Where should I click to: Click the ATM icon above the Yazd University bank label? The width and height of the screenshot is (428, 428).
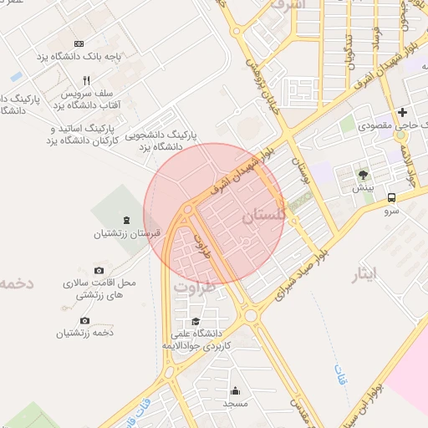tap(79, 43)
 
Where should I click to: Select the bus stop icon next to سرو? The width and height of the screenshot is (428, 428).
tap(392, 198)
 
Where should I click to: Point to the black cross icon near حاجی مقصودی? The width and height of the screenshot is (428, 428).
tap(403, 112)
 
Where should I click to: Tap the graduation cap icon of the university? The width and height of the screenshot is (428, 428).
tap(196, 321)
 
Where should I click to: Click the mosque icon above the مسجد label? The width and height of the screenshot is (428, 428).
tap(235, 390)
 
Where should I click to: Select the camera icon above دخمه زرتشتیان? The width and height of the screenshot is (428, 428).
tap(84, 320)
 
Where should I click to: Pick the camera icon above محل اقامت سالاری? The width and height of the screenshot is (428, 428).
tap(99, 270)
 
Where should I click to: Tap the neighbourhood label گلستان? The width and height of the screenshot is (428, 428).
tap(263, 217)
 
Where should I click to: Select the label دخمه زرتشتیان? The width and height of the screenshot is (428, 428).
tap(84, 334)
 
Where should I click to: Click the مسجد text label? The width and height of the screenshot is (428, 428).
tap(236, 404)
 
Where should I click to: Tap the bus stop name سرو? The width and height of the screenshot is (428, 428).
tap(392, 212)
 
